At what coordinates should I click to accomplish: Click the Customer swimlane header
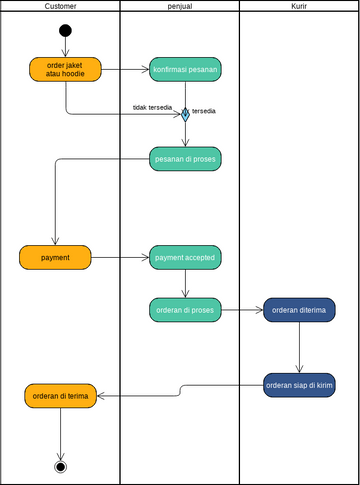point(60,6)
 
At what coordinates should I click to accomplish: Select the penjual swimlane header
point(180,6)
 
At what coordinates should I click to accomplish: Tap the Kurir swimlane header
point(299,6)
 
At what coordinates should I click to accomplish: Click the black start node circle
point(65,30)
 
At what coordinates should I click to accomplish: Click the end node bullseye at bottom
point(61,466)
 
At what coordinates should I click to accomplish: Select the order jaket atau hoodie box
point(65,69)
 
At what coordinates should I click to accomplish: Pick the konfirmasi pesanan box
point(185,69)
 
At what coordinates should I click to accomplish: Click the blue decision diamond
point(185,113)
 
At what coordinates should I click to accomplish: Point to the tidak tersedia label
point(152,106)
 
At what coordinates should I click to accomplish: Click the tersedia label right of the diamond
point(204,110)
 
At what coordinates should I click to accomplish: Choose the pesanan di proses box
point(185,158)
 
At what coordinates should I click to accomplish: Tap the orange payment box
point(55,257)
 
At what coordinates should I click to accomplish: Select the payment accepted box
point(185,257)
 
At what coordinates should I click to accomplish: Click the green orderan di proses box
point(185,310)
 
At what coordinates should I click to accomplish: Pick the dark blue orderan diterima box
point(299,310)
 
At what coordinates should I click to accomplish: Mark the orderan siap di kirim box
point(299,385)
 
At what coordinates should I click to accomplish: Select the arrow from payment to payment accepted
point(120,257)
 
